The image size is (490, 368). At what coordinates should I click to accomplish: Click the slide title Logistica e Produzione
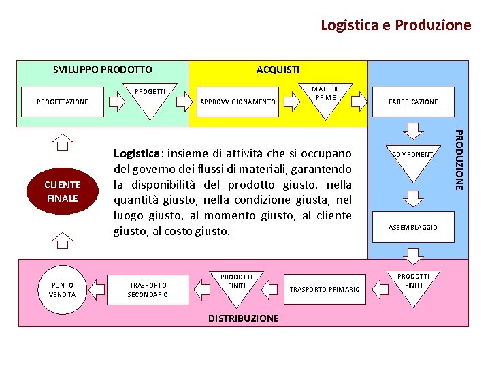tap(395, 25)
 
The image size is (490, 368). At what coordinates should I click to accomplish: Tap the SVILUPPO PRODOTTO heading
tap(103, 70)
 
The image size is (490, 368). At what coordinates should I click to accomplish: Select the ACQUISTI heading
tap(277, 70)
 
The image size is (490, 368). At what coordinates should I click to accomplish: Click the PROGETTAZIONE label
tap(63, 102)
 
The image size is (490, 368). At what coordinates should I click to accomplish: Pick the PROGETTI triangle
tap(150, 97)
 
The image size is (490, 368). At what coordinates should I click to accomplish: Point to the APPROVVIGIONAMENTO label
tap(238, 102)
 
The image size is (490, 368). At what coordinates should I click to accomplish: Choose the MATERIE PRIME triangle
tap(325, 97)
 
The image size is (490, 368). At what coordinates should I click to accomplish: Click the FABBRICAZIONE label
tap(413, 102)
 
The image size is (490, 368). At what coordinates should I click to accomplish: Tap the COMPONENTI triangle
tap(413, 159)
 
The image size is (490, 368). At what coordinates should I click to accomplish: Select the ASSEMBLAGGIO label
tap(413, 227)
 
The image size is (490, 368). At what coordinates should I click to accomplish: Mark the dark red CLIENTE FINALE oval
tap(63, 191)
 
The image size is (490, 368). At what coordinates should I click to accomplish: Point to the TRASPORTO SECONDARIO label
tap(148, 290)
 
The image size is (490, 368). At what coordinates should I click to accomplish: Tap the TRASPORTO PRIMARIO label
tap(325, 290)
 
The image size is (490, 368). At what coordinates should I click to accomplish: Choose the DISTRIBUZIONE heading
tap(243, 318)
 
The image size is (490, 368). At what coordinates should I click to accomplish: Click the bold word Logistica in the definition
tap(138, 153)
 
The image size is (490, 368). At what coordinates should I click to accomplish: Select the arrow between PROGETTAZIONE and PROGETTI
tap(117, 102)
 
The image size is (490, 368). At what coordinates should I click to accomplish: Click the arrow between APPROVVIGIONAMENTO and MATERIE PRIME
tap(292, 102)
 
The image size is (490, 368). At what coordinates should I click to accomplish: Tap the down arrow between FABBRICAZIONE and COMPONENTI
tap(413, 129)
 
